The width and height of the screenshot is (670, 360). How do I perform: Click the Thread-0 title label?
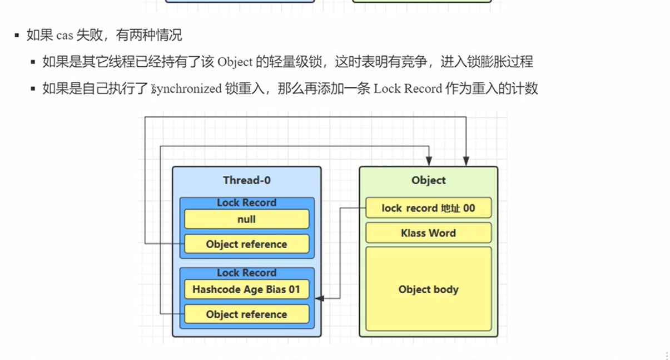[x=246, y=180]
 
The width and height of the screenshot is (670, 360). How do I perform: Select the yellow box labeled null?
[x=246, y=219]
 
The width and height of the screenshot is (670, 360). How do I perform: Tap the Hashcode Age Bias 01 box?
[x=246, y=289]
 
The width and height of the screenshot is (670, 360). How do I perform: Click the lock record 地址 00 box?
[x=428, y=208]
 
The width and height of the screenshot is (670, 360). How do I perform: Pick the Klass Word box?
[x=428, y=233]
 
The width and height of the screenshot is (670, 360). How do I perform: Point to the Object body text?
[x=428, y=289]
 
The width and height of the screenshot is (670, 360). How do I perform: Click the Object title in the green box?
[x=428, y=180]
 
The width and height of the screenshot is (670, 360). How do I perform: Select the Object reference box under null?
[x=246, y=244]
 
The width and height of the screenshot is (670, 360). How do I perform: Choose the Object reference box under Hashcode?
[x=246, y=314]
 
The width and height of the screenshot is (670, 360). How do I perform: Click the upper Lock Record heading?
[x=246, y=203]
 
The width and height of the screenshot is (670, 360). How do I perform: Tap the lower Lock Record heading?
[x=246, y=273]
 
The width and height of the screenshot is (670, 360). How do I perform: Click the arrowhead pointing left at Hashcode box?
[x=320, y=298]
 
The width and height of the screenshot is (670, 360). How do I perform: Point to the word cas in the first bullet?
[x=64, y=36]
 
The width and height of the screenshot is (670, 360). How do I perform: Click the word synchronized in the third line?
[x=187, y=88]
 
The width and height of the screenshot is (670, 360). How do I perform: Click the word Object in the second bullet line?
[x=235, y=62]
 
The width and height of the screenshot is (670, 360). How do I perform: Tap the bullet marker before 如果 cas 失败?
[x=17, y=36]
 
